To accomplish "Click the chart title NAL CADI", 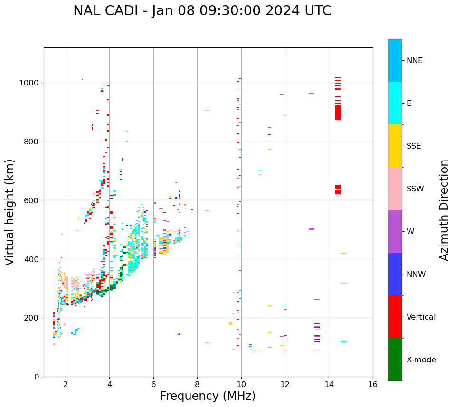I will pyautogui.click(x=202, y=11).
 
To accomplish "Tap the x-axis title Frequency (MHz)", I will pyautogui.click(x=208, y=396).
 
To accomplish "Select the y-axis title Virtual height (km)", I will pyautogui.click(x=10, y=212).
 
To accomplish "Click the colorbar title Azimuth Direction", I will pyautogui.click(x=444, y=209).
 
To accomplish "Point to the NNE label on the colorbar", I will pyautogui.click(x=414, y=61).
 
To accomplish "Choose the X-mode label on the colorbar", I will pyautogui.click(x=421, y=360).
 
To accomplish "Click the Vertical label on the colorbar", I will pyautogui.click(x=421, y=317).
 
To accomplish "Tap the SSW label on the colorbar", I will pyautogui.click(x=415, y=189).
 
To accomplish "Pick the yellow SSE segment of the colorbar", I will pyautogui.click(x=395, y=146).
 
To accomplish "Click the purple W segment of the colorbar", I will pyautogui.click(x=395, y=231).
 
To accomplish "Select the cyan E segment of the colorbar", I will pyautogui.click(x=395, y=103).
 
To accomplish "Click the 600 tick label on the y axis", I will pyautogui.click(x=33, y=200).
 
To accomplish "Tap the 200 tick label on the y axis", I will pyautogui.click(x=33, y=318).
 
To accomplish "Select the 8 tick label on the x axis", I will pyautogui.click(x=197, y=384).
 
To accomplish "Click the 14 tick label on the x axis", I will pyautogui.click(x=329, y=384).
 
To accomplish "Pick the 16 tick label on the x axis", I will pyautogui.click(x=372, y=384).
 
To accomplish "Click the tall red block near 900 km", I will pyautogui.click(x=338, y=113).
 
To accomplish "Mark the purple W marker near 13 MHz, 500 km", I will pyautogui.click(x=311, y=229).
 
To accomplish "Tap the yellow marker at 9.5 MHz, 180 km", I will pyautogui.click(x=230, y=324).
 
